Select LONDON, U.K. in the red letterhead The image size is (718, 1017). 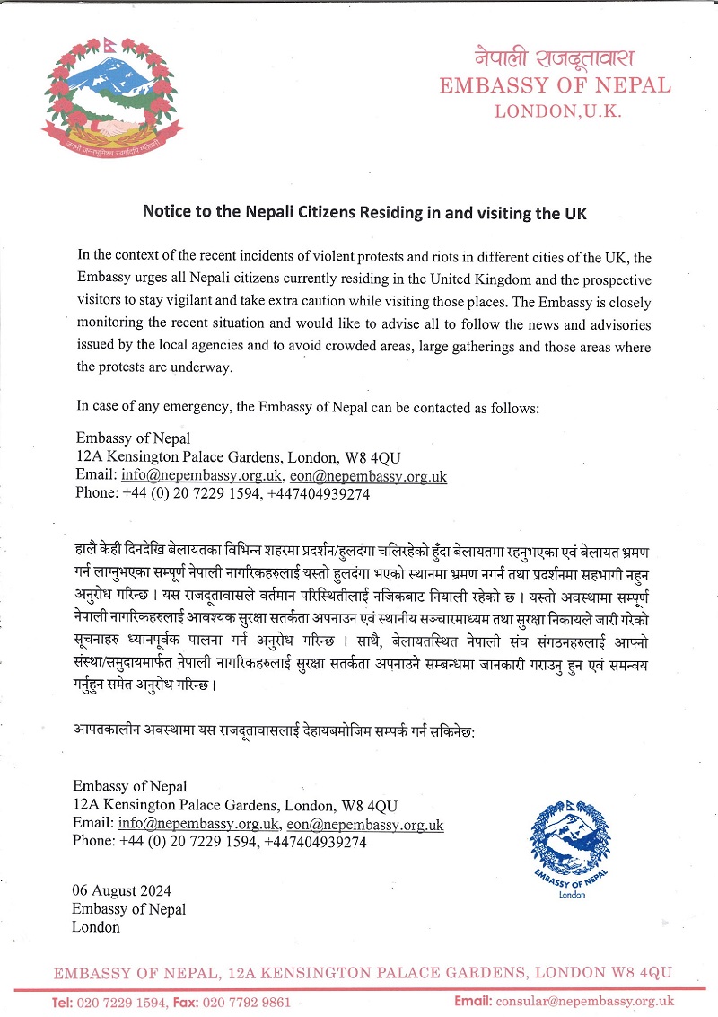tap(557, 111)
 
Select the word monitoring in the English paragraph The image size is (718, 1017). tap(114, 324)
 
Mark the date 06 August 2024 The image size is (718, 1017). tap(122, 891)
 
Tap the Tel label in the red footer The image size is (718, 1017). tap(62, 1002)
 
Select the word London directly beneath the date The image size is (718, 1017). tap(96, 927)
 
